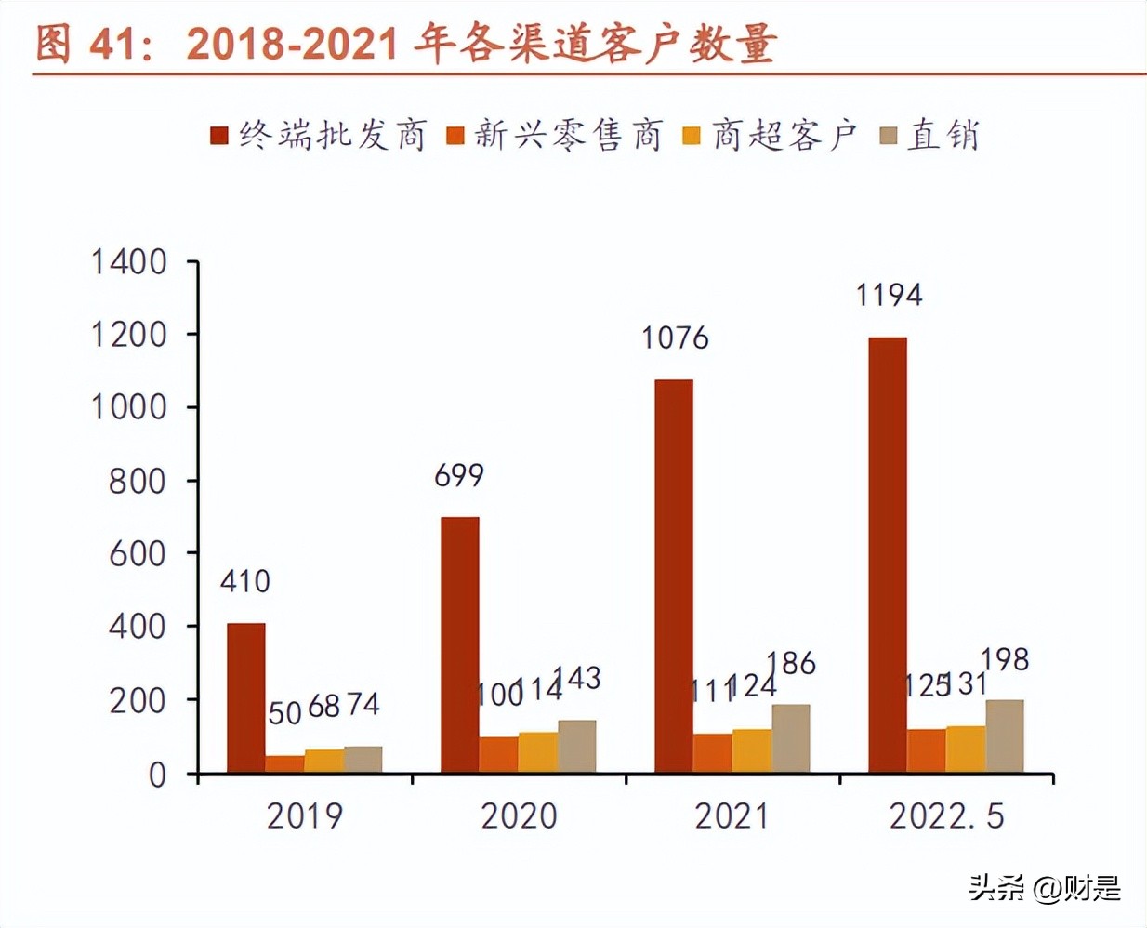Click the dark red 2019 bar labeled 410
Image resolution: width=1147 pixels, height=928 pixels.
pos(246,697)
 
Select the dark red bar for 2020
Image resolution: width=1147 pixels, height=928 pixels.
pos(460,644)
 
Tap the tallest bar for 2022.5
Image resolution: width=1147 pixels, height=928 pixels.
pos(888,555)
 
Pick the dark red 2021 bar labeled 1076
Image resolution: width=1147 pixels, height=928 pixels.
pos(674,576)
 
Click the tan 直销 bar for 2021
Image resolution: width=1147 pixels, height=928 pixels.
pos(791,738)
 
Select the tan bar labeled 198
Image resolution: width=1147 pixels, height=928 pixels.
pos(1005,736)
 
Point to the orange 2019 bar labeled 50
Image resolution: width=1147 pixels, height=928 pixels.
pos(285,763)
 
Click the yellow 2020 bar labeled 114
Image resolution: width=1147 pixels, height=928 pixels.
pos(538,752)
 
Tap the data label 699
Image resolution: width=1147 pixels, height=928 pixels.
pos(459,476)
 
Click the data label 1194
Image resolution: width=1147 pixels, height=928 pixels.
pos(889,296)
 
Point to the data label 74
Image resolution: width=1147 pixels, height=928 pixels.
pos(363,704)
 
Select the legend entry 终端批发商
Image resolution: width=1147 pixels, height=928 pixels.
pos(319,136)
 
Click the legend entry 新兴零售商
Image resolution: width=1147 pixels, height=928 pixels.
pos(555,136)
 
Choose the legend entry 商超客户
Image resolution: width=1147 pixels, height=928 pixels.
pos(771,136)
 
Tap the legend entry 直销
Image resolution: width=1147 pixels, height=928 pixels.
pos(930,136)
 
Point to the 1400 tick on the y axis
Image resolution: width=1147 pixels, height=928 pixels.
pos(129,262)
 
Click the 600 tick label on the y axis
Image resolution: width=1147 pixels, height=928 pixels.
pos(138,554)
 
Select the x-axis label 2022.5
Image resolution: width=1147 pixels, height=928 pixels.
pos(946,816)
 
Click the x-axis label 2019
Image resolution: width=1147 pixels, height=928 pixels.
pos(305,816)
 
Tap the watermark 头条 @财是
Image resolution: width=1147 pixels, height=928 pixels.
pos(1045,888)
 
